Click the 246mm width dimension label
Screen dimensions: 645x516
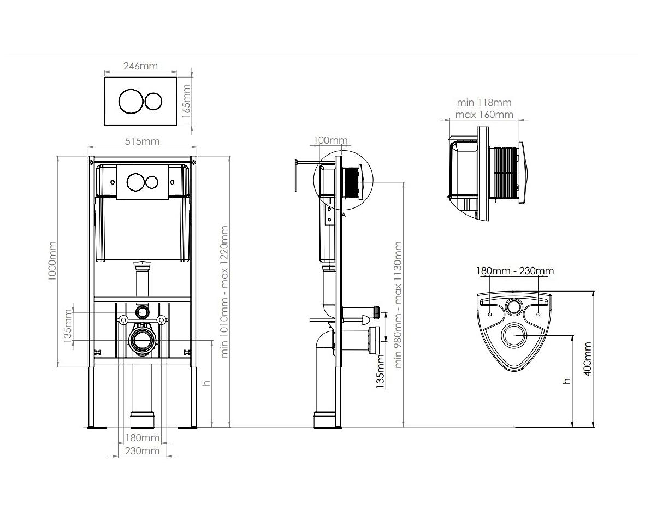pyautogui.click(x=141, y=66)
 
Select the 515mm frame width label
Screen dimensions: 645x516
pyautogui.click(x=142, y=141)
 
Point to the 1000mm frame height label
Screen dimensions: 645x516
pyautogui.click(x=52, y=261)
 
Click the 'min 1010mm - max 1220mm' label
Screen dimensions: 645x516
pyautogui.click(x=224, y=292)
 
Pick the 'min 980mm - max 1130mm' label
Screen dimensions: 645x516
pyautogui.click(x=398, y=304)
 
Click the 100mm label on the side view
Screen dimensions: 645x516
pyautogui.click(x=330, y=140)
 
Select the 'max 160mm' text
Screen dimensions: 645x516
pyautogui.click(x=484, y=114)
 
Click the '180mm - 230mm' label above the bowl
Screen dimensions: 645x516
pyautogui.click(x=515, y=271)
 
